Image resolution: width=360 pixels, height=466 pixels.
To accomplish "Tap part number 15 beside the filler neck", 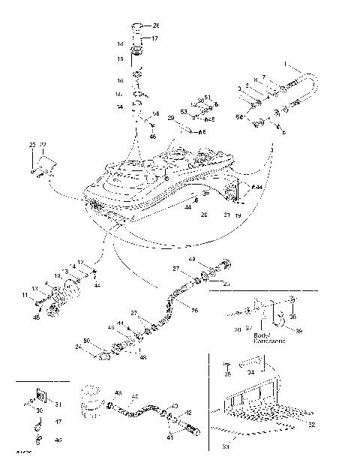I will point(118,59).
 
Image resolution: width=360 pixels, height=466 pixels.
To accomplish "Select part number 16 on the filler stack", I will point(119,80).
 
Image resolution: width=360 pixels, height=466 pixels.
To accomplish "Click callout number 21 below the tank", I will point(225,214).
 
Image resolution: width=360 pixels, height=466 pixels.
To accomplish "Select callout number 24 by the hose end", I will point(78,347).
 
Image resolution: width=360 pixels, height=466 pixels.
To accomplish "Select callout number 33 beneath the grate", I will point(229,447).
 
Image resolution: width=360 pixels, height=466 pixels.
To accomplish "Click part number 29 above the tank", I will point(171,118).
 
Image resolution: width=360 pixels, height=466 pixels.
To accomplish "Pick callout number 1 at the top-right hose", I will point(285,65).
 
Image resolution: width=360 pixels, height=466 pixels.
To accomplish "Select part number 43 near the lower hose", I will point(118,392).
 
